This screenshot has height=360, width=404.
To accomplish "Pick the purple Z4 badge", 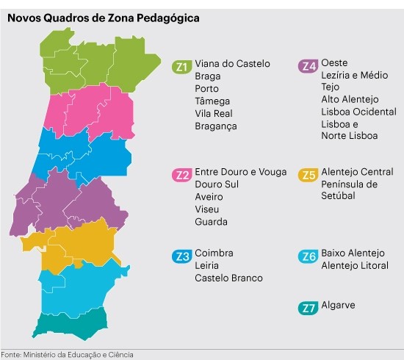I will pos(309,65).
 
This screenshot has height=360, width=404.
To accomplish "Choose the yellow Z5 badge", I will pos(309,174).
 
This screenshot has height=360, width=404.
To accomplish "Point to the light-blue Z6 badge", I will pos(309,256).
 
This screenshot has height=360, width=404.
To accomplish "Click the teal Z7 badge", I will pos(309,308).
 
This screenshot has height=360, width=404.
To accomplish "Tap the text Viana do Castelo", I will pos(232,64).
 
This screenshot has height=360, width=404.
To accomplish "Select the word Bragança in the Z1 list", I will pos(216,126).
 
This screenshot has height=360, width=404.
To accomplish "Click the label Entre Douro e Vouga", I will pos(241,172).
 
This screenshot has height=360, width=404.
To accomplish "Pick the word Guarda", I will pos(211,222).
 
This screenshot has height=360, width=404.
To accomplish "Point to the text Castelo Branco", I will pos(228,278).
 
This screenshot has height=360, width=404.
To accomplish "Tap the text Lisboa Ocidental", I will pos(358,112).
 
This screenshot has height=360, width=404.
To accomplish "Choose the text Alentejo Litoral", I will pos(355,266).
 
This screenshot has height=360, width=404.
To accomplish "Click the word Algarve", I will pos(338,305).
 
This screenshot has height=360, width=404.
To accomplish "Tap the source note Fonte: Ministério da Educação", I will pos(67,354).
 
